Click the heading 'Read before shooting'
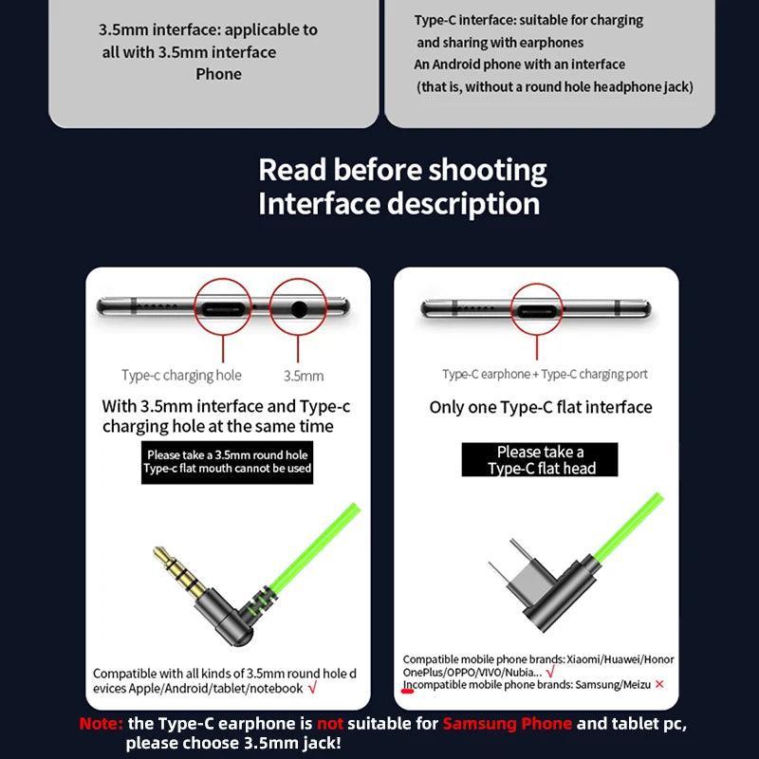[402, 171]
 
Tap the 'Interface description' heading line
[398, 204]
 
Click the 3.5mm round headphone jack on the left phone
[299, 309]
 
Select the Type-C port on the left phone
[222, 308]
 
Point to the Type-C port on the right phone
[536, 310]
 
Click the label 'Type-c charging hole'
[181, 375]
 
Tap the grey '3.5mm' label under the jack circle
[304, 376]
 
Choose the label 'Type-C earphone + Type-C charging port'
[545, 374]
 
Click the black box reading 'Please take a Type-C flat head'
[540, 459]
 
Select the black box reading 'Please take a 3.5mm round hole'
[227, 462]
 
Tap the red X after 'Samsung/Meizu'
[659, 684]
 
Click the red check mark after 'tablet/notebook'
[312, 687]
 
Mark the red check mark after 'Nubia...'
[550, 672]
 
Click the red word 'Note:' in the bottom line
[102, 724]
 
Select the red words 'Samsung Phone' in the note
[508, 724]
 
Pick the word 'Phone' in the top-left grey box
[219, 74]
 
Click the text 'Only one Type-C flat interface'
[541, 407]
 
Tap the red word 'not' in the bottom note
[330, 724]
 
